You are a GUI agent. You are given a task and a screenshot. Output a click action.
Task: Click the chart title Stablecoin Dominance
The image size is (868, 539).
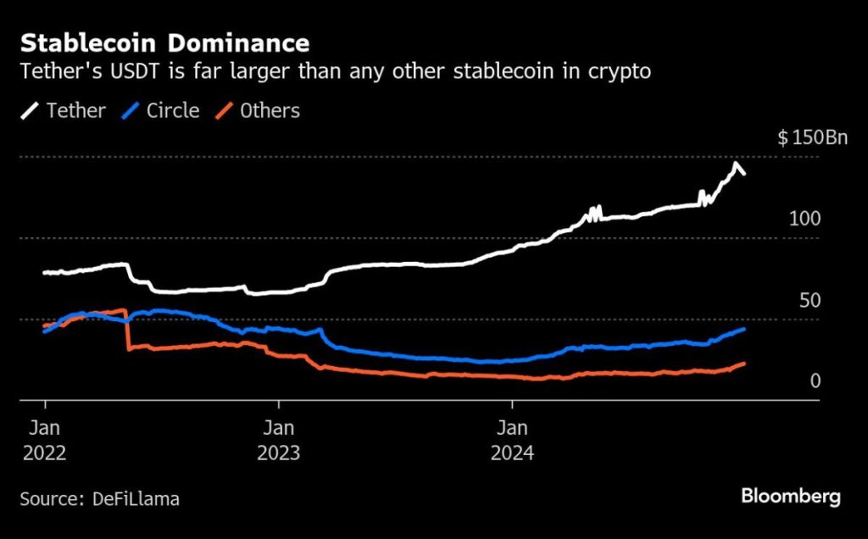pyautogui.click(x=164, y=43)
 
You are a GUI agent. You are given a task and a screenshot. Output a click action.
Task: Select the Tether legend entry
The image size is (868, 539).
pyautogui.click(x=63, y=111)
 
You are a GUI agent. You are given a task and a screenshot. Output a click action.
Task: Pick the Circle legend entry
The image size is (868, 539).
pyautogui.click(x=160, y=111)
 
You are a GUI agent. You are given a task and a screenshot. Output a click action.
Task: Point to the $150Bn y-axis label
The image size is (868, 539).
pyautogui.click(x=812, y=137)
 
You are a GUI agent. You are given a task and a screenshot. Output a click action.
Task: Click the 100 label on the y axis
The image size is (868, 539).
pyautogui.click(x=805, y=219)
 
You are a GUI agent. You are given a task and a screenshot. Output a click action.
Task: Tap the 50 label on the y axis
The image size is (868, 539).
pyautogui.click(x=810, y=301)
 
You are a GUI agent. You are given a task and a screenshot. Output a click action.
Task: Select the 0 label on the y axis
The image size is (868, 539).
pyautogui.click(x=815, y=381)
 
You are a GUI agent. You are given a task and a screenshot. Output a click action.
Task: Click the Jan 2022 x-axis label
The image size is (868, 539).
pyautogui.click(x=44, y=441)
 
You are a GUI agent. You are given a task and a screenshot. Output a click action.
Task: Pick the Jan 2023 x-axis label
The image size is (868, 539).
pyautogui.click(x=278, y=441)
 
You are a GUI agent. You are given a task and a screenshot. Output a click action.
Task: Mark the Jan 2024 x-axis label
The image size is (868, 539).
pyautogui.click(x=512, y=441)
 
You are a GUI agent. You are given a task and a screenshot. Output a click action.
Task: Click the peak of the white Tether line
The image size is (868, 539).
pyautogui.click(x=736, y=164)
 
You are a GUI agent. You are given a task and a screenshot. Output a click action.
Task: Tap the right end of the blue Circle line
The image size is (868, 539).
pyautogui.click(x=744, y=330)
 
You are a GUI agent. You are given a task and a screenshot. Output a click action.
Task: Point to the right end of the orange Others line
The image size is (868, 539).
pyautogui.click(x=744, y=364)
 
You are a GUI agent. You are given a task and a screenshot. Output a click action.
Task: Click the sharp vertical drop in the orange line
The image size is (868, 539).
pyautogui.click(x=128, y=330)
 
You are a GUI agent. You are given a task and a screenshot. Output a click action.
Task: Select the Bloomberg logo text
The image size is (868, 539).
pyautogui.click(x=791, y=497)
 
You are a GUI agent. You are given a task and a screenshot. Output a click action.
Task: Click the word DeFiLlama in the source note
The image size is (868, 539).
pyautogui.click(x=136, y=499)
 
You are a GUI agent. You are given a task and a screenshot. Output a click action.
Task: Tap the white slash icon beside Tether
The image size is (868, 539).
pyautogui.click(x=30, y=111)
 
